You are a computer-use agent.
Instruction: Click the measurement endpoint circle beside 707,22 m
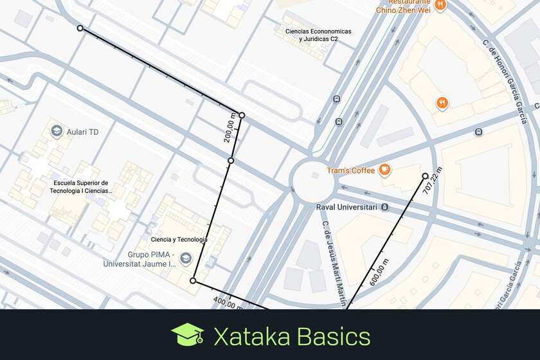(425, 175)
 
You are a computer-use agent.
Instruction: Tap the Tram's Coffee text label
(350, 170)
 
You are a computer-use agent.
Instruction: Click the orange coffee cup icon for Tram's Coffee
(384, 170)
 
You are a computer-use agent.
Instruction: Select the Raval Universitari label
(346, 207)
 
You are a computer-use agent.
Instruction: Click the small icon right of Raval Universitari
(384, 207)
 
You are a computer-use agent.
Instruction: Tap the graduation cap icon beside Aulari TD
(57, 132)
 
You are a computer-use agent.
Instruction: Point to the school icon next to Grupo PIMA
(186, 258)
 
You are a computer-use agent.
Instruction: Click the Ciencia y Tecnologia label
(179, 240)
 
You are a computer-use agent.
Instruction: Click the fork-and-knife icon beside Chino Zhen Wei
(440, 5)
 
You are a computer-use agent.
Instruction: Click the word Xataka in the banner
(250, 337)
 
